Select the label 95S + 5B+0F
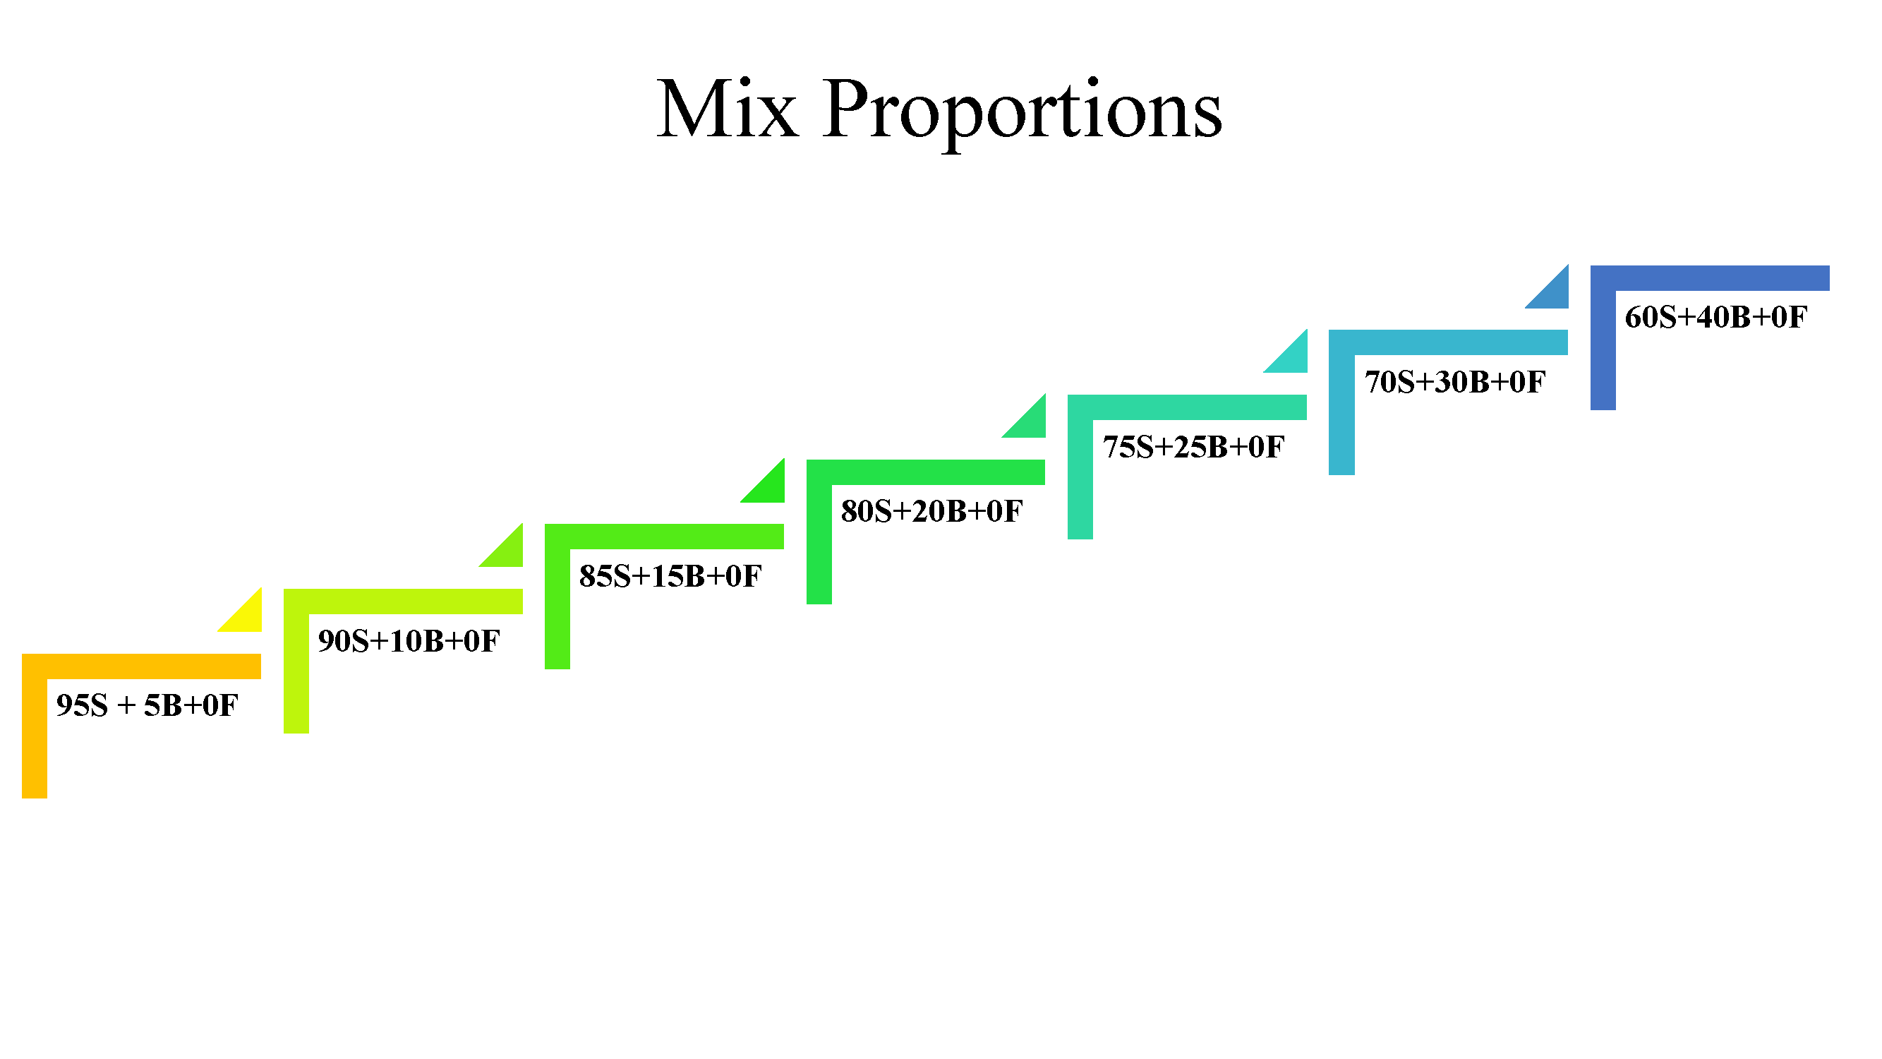pyautogui.click(x=147, y=705)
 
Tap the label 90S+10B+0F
pyautogui.click(x=409, y=641)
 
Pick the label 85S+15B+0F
pyautogui.click(x=670, y=576)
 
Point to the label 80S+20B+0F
pyautogui.click(x=931, y=511)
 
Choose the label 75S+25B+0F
pyautogui.click(x=1193, y=447)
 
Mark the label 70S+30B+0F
pyautogui.click(x=1454, y=381)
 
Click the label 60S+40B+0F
pyautogui.click(x=1716, y=316)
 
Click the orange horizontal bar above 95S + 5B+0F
pyautogui.click(x=142, y=666)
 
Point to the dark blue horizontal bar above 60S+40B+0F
pyautogui.click(x=1710, y=277)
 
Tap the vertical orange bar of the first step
pyautogui.click(x=35, y=738)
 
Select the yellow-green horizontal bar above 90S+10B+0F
pyautogui.click(x=404, y=602)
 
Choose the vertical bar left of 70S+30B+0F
pyautogui.click(x=1341, y=414)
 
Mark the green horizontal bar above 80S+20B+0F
pyautogui.click(x=926, y=472)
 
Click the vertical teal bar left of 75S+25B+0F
pyautogui.click(x=1080, y=479)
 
